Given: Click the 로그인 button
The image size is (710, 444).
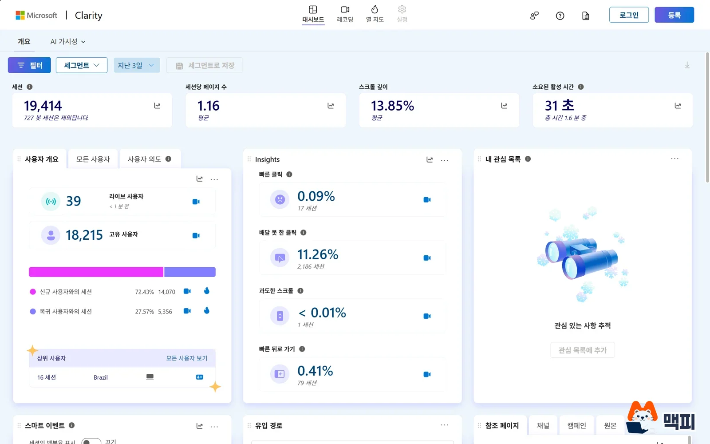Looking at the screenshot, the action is [629, 15].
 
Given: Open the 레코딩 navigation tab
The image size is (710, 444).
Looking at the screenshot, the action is [345, 14].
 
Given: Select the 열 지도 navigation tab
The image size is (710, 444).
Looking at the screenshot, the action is [375, 14].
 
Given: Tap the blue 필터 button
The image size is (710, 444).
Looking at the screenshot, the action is [29, 65].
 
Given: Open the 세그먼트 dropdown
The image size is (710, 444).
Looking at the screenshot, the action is [82, 65].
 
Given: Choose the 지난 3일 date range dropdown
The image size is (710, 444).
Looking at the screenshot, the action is [137, 65].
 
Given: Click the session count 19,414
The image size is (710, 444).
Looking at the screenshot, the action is [43, 106].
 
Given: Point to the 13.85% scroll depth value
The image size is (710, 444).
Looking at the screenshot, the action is [392, 106].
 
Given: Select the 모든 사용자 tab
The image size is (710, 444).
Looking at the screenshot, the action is [93, 159].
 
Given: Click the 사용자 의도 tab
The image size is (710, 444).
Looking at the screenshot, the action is [150, 159].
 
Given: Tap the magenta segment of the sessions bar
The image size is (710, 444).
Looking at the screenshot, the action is [96, 272].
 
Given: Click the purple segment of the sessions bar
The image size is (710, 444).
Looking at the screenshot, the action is [190, 272].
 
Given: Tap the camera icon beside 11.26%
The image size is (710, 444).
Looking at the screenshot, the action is [427, 258].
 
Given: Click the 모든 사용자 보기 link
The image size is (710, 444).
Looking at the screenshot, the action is [187, 358].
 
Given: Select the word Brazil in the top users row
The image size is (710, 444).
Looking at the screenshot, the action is [100, 377].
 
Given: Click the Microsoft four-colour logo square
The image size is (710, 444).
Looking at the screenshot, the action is [20, 15].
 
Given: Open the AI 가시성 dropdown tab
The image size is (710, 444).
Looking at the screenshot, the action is [67, 42].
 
